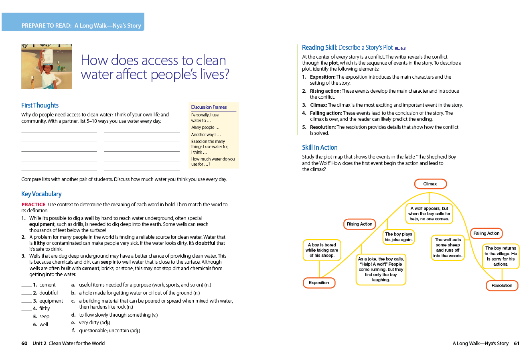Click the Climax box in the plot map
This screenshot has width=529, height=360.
coord(430,184)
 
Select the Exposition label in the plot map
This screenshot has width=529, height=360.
coord(319,283)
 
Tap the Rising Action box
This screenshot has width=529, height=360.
coord(359,224)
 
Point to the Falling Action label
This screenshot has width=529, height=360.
coord(486,233)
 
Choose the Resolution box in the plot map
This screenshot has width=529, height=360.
coord(502,285)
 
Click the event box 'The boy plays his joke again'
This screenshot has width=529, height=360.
coord(398,237)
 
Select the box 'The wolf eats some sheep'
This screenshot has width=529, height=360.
coord(448,248)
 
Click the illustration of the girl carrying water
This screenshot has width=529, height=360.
coord(47,67)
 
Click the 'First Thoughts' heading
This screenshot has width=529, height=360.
coord(40,105)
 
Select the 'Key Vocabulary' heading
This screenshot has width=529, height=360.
coord(41,194)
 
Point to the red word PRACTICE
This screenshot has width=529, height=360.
coord(33,204)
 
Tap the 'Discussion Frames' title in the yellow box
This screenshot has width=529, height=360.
coord(209,107)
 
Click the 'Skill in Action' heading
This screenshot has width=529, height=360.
coord(320,147)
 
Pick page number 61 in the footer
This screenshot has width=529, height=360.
coord(517,343)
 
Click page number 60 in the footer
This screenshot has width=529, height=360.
coord(24,343)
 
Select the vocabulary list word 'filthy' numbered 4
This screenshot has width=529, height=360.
coord(45,308)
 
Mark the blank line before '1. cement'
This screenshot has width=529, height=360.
coord(26,286)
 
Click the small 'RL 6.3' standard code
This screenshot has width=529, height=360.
coord(400,48)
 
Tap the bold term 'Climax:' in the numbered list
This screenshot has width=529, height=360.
coord(318,105)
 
